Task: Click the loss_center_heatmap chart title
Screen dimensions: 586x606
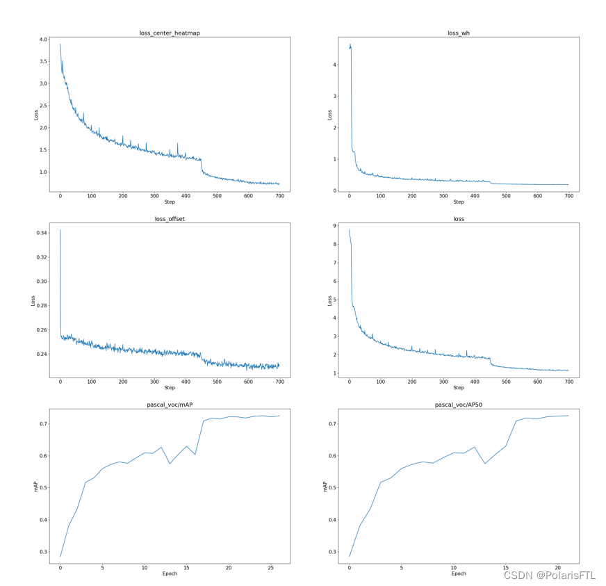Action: pyautogui.click(x=170, y=33)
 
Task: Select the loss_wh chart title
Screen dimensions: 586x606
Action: pyautogui.click(x=459, y=33)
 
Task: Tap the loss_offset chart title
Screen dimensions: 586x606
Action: pyautogui.click(x=170, y=219)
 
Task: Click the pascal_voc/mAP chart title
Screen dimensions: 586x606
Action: pyautogui.click(x=170, y=405)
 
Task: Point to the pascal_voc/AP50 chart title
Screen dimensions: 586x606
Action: pyautogui.click(x=459, y=405)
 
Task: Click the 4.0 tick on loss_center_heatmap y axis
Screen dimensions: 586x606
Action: pyautogui.click(x=42, y=40)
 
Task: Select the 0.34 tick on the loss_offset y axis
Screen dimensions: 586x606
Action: pyautogui.click(x=40, y=233)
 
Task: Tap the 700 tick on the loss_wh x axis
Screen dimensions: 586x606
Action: pyautogui.click(x=568, y=196)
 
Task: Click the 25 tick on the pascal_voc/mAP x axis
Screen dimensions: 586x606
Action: pyautogui.click(x=271, y=567)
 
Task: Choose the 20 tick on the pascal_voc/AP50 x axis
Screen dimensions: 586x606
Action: pyautogui.click(x=557, y=567)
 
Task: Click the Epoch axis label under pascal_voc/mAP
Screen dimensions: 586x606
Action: pyautogui.click(x=170, y=574)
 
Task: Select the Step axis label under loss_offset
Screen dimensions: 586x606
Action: pyautogui.click(x=170, y=388)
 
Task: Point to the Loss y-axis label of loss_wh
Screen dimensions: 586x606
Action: pyautogui.click(x=329, y=115)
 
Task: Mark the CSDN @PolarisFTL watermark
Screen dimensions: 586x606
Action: pyautogui.click(x=549, y=576)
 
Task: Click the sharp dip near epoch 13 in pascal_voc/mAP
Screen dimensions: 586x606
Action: pyautogui.click(x=170, y=464)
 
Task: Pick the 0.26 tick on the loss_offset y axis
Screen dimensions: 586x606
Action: pyautogui.click(x=40, y=330)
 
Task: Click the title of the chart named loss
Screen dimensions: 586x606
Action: pyautogui.click(x=459, y=219)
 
